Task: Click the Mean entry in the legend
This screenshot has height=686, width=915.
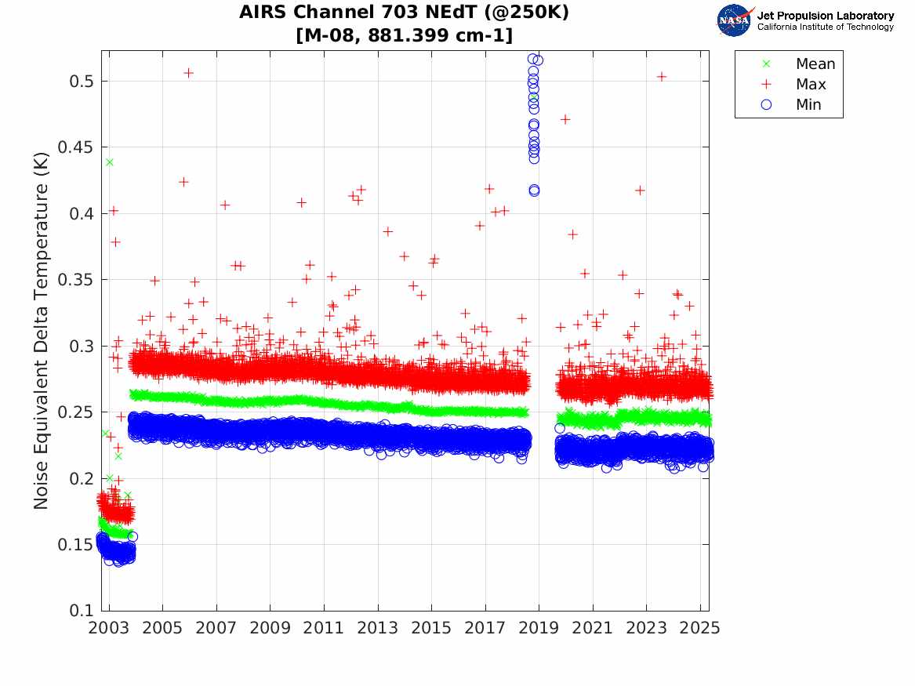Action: (x=815, y=64)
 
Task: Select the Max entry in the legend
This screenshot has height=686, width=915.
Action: (x=810, y=84)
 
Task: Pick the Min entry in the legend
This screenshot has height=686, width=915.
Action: (x=808, y=104)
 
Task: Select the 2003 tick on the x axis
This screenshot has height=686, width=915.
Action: (x=109, y=629)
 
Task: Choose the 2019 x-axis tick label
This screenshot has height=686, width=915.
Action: (x=539, y=629)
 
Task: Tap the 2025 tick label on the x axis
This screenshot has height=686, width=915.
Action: (x=700, y=629)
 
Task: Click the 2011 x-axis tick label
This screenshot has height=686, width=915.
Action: (x=324, y=629)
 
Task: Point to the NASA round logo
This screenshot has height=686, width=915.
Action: (x=734, y=20)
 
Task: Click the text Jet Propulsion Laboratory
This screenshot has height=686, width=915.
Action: (x=825, y=16)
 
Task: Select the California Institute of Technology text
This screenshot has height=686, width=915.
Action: (x=825, y=27)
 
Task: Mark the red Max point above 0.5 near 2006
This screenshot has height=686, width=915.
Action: (x=188, y=73)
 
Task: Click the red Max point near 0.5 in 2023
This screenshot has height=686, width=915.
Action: (x=661, y=76)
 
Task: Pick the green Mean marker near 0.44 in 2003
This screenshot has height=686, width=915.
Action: (x=109, y=162)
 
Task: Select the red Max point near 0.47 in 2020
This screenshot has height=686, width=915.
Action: (x=565, y=119)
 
